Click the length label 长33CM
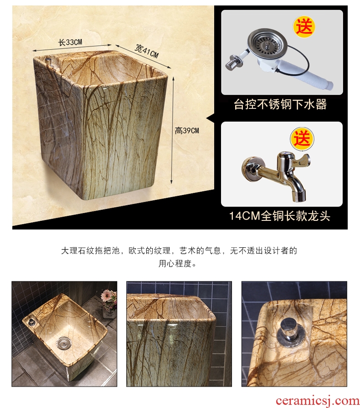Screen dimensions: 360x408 [70, 42]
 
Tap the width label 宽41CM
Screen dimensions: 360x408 [147, 51]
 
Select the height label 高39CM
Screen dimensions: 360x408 [187, 130]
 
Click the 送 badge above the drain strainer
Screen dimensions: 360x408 [304, 27]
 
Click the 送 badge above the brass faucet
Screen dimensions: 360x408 [302, 139]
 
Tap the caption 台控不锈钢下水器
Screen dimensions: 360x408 [280, 104]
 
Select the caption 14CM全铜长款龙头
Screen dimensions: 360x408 [280, 216]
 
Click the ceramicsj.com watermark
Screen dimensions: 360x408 [317, 401]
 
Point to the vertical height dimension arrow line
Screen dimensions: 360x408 [172, 130]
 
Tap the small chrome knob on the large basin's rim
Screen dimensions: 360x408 [48, 61]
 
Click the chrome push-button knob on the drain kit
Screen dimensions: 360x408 [231, 63]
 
